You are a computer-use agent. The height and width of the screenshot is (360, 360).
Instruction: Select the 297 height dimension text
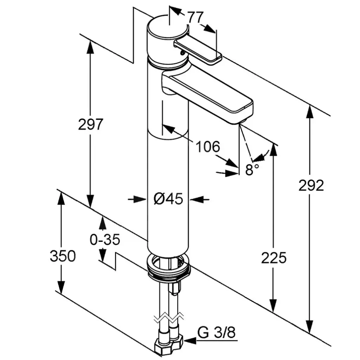(90, 124)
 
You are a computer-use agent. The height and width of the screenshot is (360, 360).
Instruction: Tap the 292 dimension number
(311, 185)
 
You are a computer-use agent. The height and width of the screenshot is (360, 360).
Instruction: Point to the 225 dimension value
(274, 258)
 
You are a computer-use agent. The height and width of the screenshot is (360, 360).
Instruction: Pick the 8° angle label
(252, 170)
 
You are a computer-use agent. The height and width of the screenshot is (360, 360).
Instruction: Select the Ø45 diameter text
(168, 199)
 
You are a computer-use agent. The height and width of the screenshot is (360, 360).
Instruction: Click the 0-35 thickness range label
(105, 240)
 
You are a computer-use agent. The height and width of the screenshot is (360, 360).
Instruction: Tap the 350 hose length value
(63, 256)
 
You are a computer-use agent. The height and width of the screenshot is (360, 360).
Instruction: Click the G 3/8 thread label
(216, 332)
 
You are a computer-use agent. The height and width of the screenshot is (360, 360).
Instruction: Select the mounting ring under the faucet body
(169, 267)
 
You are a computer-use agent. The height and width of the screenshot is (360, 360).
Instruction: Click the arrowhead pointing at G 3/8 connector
(188, 340)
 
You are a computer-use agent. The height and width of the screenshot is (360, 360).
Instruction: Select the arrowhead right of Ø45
(195, 199)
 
